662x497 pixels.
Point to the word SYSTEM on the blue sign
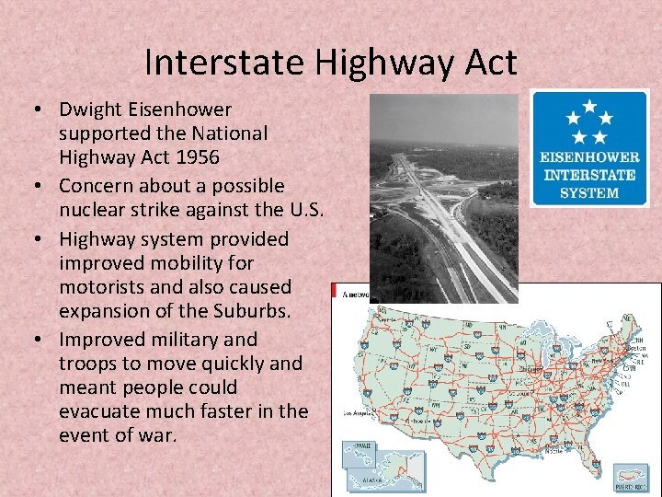click(589, 192)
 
